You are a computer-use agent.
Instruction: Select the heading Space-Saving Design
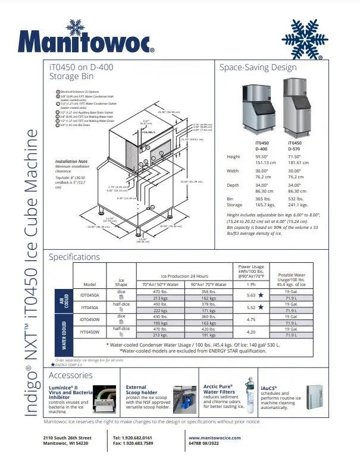pyautogui.click(x=258, y=67)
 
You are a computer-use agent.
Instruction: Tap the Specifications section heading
pyautogui.click(x=74, y=257)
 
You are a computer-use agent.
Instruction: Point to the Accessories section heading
pyautogui.click(x=70, y=375)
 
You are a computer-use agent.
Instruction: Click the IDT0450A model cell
pyautogui.click(x=89, y=295)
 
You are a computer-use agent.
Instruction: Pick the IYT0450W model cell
pyautogui.click(x=89, y=332)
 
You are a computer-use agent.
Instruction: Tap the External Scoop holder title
pyautogui.click(x=140, y=390)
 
